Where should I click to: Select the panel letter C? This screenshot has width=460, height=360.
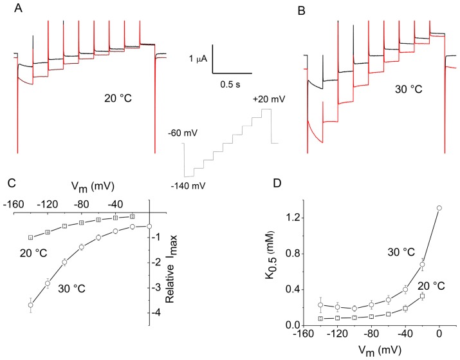pyautogui.click(x=12, y=182)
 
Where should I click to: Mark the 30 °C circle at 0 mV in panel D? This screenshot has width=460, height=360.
pyautogui.click(x=439, y=208)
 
